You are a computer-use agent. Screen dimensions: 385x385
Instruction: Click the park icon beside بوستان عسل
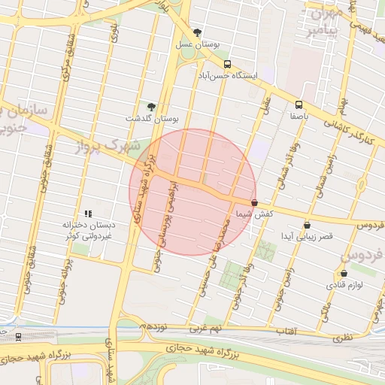point(198,32)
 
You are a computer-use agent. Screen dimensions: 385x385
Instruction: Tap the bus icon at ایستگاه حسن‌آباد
point(228,65)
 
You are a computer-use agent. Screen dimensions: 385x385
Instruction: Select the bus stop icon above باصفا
point(299,105)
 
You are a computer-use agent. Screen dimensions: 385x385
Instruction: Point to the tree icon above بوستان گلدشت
point(151,107)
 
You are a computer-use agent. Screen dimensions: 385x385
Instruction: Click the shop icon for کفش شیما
point(254,203)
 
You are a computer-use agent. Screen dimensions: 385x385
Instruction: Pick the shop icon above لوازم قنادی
point(344,274)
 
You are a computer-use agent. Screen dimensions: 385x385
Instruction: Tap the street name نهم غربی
point(206,329)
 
